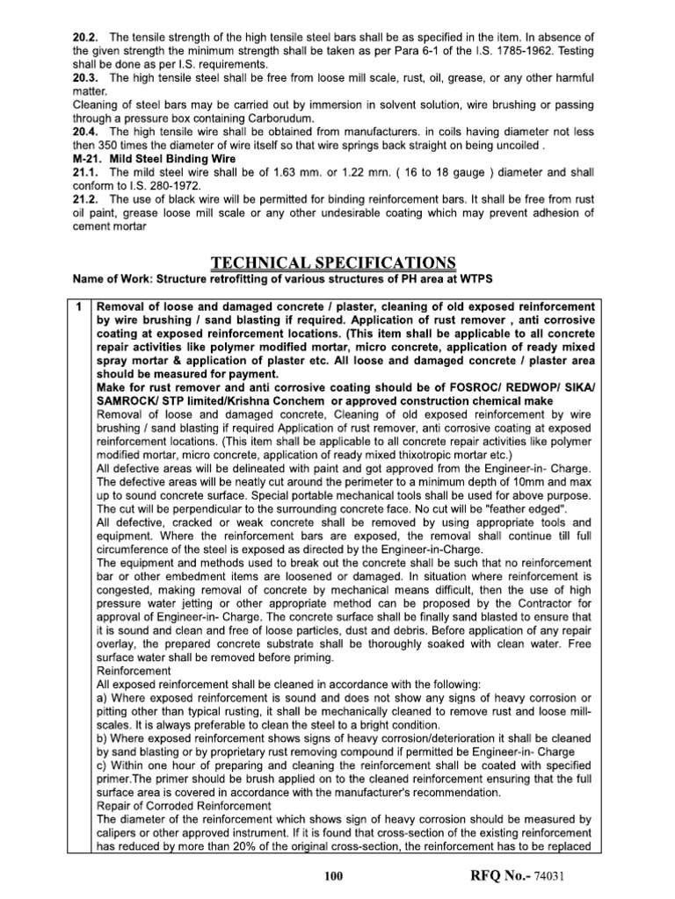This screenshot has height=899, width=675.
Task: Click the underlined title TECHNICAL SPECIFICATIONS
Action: (335, 263)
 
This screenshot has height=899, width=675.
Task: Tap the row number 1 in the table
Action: (78, 306)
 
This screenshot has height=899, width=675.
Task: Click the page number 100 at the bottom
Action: (337, 877)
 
